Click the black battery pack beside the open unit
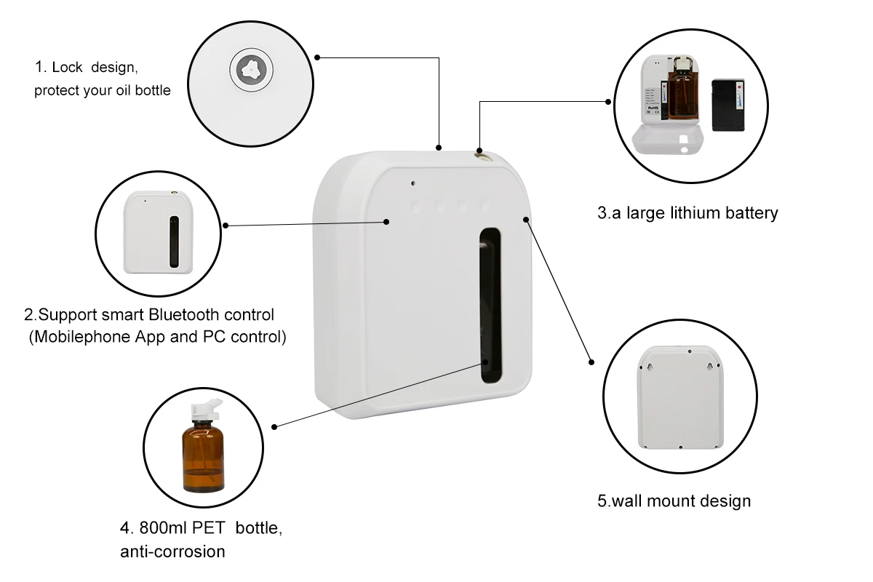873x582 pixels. tap(727, 104)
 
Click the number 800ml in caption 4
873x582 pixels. tap(161, 528)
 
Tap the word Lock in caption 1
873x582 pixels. tap(68, 68)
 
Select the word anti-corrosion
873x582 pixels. tap(172, 551)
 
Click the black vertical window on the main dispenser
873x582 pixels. tap(491, 306)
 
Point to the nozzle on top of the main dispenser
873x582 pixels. tap(481, 152)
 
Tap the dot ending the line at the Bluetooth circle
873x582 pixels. tap(226, 226)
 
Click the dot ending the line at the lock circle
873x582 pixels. tap(317, 57)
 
